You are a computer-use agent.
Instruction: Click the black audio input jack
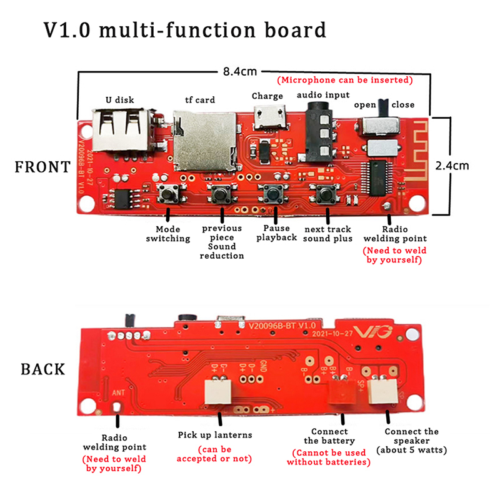[319, 128]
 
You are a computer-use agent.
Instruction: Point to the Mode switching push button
[168, 194]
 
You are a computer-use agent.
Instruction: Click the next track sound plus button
[325, 195]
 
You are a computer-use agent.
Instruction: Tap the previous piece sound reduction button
[219, 195]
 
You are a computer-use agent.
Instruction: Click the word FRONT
[42, 167]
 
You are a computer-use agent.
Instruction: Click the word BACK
[42, 369]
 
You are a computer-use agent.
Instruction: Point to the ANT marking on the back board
[119, 393]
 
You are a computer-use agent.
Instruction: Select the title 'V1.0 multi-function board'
[184, 30]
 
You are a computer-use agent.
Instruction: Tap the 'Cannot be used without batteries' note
[328, 457]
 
